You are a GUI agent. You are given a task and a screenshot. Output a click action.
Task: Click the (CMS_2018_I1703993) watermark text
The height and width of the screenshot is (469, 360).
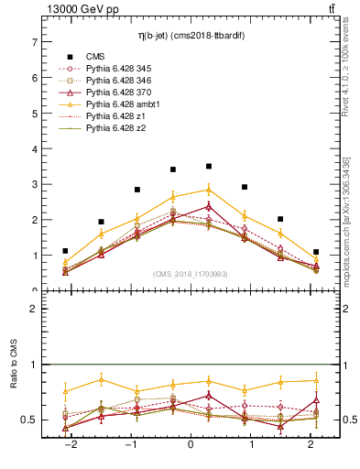coord(190,274)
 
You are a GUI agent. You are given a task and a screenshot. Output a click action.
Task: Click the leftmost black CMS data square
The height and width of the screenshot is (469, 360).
coord(65,251)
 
